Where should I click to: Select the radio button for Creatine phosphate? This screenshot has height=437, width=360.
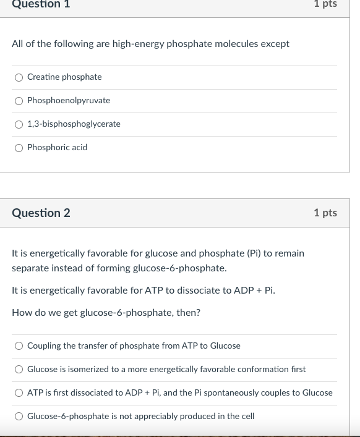(19, 77)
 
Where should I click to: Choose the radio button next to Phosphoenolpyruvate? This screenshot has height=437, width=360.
(19, 101)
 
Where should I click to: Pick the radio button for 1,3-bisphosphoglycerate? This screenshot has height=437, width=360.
(19, 124)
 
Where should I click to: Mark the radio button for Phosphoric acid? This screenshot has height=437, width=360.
(19, 148)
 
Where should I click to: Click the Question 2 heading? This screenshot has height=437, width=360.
(41, 213)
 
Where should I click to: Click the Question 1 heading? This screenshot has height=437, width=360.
(41, 4)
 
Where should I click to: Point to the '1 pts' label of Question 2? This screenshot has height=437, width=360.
(325, 213)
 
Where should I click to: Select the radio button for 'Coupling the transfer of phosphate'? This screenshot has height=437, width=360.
(19, 346)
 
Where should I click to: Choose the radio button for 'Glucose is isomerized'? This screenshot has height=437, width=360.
(19, 370)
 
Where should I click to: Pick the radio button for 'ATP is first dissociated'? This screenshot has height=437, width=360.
(19, 393)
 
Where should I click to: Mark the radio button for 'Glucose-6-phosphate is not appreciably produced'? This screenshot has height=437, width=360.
(19, 417)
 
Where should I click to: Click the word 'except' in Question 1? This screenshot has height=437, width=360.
(275, 44)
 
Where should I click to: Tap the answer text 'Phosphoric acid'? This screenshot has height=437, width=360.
(57, 147)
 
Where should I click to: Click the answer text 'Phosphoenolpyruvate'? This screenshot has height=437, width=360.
(69, 100)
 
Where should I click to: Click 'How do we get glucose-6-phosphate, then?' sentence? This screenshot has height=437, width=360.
(106, 313)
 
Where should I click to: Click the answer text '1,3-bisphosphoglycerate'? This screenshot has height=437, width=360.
(74, 124)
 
